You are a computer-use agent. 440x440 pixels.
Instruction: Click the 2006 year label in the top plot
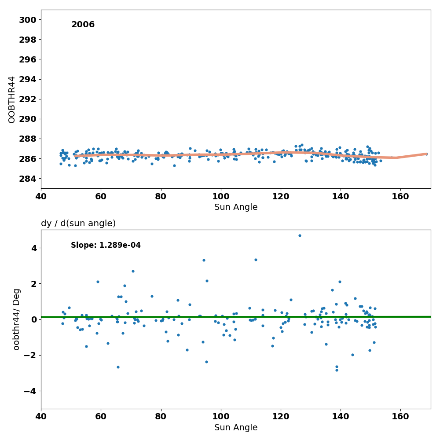[83, 25]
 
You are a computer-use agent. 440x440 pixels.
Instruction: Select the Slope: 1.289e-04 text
[106, 246]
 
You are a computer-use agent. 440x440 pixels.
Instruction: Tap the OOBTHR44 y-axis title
[12, 99]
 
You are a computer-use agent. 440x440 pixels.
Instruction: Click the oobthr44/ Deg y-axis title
[17, 319]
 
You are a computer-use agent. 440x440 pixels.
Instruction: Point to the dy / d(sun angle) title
[78, 224]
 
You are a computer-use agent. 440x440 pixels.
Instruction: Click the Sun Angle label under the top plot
[236, 207]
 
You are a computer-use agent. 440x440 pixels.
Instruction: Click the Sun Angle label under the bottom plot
[236, 428]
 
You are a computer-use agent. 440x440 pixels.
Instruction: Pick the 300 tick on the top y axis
[27, 20]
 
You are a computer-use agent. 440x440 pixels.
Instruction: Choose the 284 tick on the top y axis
[27, 178]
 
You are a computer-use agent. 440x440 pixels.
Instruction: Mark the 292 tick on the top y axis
[27, 99]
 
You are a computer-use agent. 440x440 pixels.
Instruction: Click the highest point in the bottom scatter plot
[300, 235]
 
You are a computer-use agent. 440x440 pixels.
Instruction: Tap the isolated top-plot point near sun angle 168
[426, 154]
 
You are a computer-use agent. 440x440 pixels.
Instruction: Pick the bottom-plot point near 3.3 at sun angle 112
[256, 260]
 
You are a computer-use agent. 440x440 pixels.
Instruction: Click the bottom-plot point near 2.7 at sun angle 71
[133, 271]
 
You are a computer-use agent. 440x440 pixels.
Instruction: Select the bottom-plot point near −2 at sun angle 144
[352, 355]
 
